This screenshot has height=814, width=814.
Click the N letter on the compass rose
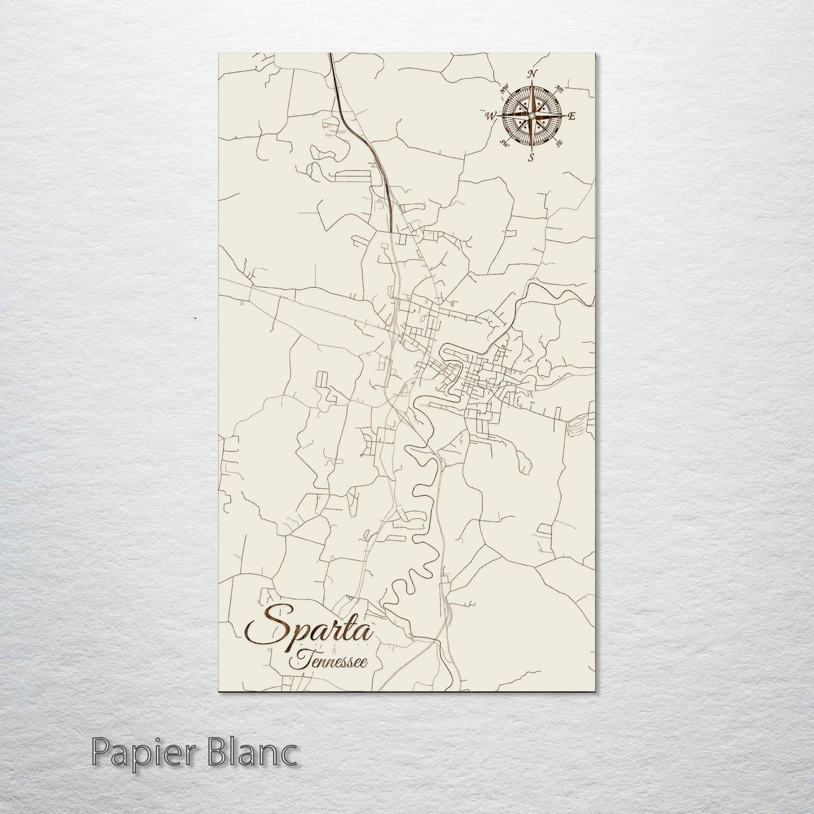click(x=532, y=74)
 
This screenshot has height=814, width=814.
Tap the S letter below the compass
click(x=531, y=158)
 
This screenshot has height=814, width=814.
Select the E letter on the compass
click(x=571, y=117)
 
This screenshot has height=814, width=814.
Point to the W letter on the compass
click(x=489, y=117)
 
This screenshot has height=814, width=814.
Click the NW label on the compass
click(x=505, y=88)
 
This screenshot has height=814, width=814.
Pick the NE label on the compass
click(x=559, y=88)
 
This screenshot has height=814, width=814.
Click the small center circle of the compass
click(x=531, y=115)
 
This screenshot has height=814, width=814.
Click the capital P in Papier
click(x=99, y=753)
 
